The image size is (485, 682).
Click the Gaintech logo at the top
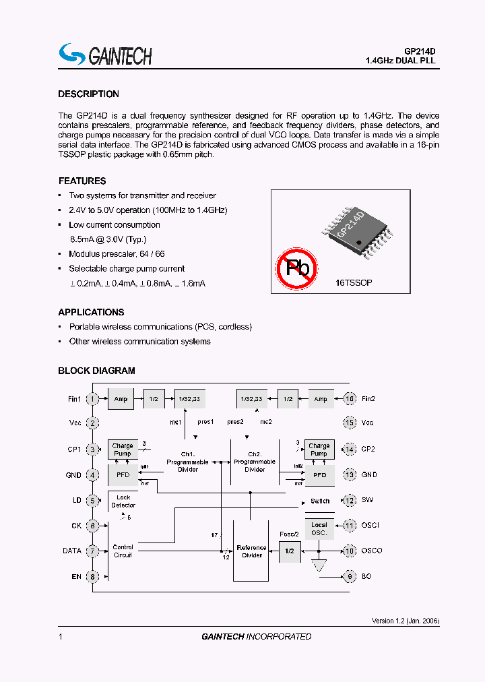tap(105, 55)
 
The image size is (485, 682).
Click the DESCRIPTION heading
tap(88, 94)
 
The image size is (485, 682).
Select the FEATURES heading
tap(82, 181)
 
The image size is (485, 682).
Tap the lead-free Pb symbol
tap(298, 268)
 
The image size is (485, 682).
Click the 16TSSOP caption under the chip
tap(354, 284)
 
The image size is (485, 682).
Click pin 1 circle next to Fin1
tap(93, 399)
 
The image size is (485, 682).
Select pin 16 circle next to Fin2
tap(350, 399)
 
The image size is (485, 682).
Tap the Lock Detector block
tap(123, 501)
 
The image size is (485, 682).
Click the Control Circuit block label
tap(123, 551)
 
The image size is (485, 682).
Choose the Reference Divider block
tap(252, 551)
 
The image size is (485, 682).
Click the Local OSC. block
tap(319, 528)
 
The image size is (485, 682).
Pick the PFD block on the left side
tap(123, 475)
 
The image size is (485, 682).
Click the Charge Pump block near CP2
tap(319, 449)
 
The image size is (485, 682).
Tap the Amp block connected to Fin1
tap(121, 399)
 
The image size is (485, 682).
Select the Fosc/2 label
tap(290, 534)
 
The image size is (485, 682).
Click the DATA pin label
tap(72, 551)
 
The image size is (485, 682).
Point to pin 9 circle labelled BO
tap(350, 577)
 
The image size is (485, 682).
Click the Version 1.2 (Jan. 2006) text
tap(406, 621)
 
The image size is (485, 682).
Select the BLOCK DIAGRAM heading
tap(96, 371)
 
